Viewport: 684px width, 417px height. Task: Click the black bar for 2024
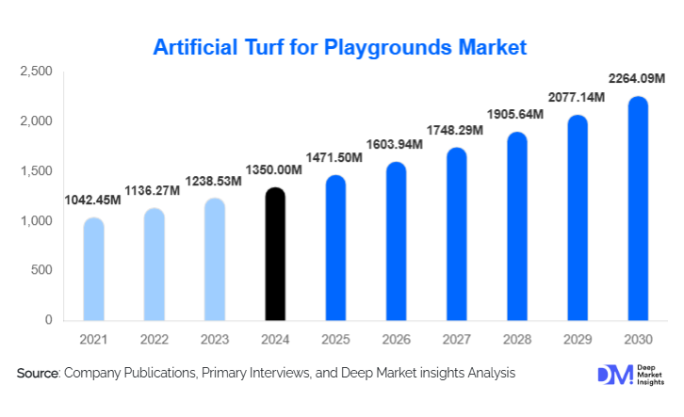274,254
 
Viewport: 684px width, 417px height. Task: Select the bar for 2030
638,209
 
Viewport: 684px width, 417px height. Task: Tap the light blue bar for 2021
93,269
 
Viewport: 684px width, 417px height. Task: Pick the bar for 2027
456,234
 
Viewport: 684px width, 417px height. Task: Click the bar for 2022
154,265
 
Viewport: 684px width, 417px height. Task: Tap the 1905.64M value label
517,115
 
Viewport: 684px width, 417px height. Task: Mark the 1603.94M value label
396,144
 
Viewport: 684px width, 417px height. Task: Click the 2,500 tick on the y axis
37,72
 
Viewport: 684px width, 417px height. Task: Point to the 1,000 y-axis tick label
37,221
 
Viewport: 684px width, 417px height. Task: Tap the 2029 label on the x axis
577,339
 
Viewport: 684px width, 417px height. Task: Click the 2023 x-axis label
214,339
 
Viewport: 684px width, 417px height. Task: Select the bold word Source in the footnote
38,374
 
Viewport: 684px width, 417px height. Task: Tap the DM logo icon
611,374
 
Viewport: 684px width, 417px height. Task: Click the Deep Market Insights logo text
649,374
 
